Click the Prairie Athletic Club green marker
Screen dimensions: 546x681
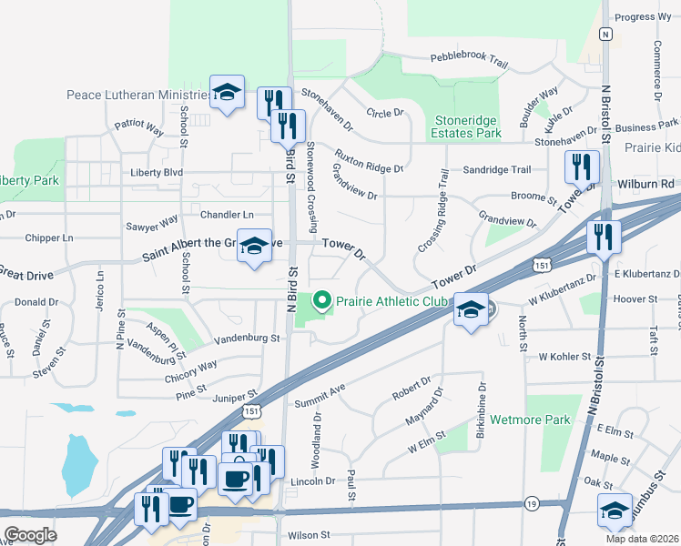[x=320, y=299]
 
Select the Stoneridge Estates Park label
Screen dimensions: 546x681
[x=467, y=126]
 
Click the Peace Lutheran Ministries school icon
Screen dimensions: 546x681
[x=227, y=91]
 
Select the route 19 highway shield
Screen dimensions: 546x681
[x=532, y=502]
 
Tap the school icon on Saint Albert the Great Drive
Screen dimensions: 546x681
[x=254, y=245]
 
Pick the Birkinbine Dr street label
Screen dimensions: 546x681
[x=480, y=406]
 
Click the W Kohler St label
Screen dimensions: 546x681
[x=565, y=358]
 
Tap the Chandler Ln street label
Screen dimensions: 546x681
[x=226, y=214]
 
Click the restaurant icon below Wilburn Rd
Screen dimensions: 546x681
[x=603, y=237]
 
